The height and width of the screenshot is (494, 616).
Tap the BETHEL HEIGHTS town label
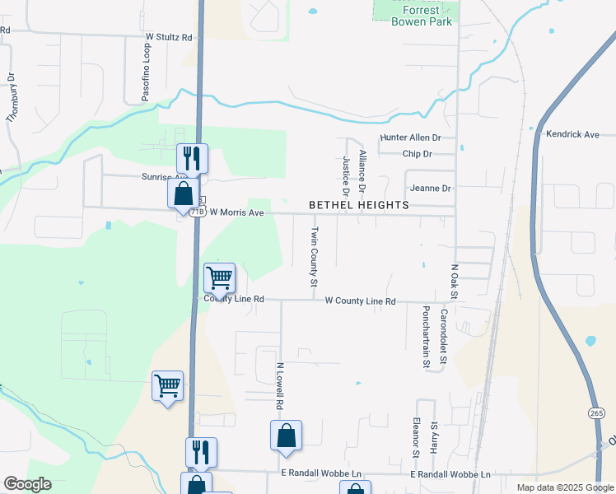click(358, 204)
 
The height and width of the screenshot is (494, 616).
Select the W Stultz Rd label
click(168, 37)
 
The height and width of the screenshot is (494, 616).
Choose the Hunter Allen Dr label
click(410, 138)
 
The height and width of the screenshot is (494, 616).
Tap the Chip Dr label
click(418, 154)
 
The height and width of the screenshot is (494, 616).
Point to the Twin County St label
click(314, 257)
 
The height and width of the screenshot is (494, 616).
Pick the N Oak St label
click(453, 282)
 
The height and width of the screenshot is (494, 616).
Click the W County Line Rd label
click(360, 302)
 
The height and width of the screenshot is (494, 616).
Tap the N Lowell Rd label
click(280, 387)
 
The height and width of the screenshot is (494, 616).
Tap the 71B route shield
click(197, 212)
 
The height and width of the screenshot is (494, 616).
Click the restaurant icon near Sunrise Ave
click(192, 156)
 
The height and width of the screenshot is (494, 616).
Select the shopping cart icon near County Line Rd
click(220, 277)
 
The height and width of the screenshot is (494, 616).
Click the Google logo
click(27, 484)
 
